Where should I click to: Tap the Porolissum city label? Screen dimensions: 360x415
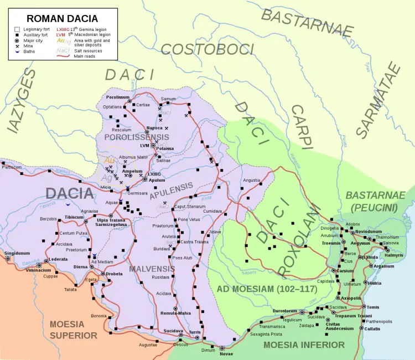(x=117, y=97)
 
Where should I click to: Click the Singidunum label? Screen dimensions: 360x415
(x=15, y=253)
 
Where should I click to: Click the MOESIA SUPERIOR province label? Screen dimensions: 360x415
(x=73, y=330)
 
